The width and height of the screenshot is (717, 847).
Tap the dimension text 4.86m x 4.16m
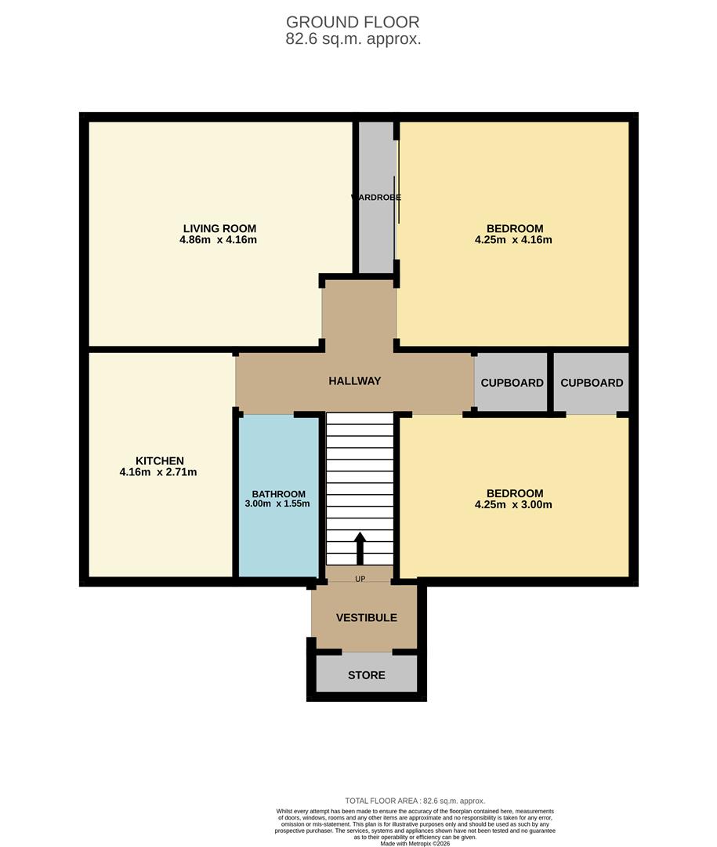point(218,240)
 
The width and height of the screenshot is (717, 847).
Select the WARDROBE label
point(376,198)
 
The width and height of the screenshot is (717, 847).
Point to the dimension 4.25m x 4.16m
point(513,240)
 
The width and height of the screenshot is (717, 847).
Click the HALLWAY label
point(355,381)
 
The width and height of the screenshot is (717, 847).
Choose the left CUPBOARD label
point(512,383)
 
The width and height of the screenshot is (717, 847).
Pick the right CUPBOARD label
point(592,383)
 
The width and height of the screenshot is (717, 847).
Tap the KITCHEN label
point(159,460)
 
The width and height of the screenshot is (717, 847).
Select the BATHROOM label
point(278,494)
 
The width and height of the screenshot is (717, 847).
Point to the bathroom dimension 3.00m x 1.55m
point(278,503)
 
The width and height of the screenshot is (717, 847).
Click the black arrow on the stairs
point(360,548)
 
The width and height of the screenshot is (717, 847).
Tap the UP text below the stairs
point(360,580)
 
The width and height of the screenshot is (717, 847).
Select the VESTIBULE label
point(366,617)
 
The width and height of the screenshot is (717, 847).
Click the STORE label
point(366,674)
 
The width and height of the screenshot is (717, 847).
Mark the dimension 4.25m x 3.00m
point(513,504)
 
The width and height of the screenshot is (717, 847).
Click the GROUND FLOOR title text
point(353,22)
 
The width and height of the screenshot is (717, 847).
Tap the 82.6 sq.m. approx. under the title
point(353,39)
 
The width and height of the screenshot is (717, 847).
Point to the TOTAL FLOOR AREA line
point(415,801)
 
